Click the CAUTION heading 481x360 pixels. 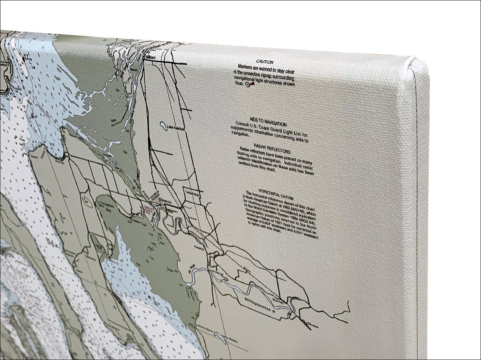(265, 62)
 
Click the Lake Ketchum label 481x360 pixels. (176, 129)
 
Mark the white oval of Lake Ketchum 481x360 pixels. (163, 125)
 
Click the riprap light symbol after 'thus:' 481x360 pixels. (247, 84)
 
